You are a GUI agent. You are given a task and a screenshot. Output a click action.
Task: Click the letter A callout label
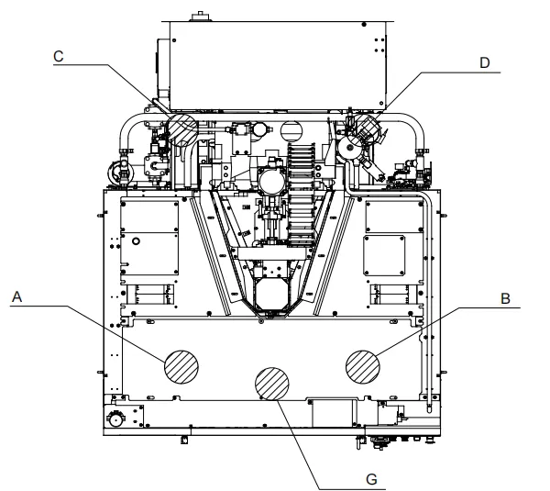(x=16, y=297)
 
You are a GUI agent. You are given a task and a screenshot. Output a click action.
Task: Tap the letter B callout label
(x=505, y=298)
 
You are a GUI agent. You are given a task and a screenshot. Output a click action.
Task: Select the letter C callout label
(x=59, y=56)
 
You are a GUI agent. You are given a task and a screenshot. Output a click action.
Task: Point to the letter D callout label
(x=484, y=63)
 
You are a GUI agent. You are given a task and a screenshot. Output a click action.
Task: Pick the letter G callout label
(x=371, y=479)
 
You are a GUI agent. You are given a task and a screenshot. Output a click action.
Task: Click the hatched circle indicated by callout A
(x=181, y=367)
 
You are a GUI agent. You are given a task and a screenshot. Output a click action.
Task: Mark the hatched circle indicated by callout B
(x=363, y=367)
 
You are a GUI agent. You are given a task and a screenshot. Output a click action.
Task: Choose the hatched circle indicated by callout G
(x=272, y=384)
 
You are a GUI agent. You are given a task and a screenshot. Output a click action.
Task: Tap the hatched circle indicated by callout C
(x=182, y=128)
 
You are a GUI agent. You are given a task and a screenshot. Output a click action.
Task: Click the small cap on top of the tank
(x=200, y=17)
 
